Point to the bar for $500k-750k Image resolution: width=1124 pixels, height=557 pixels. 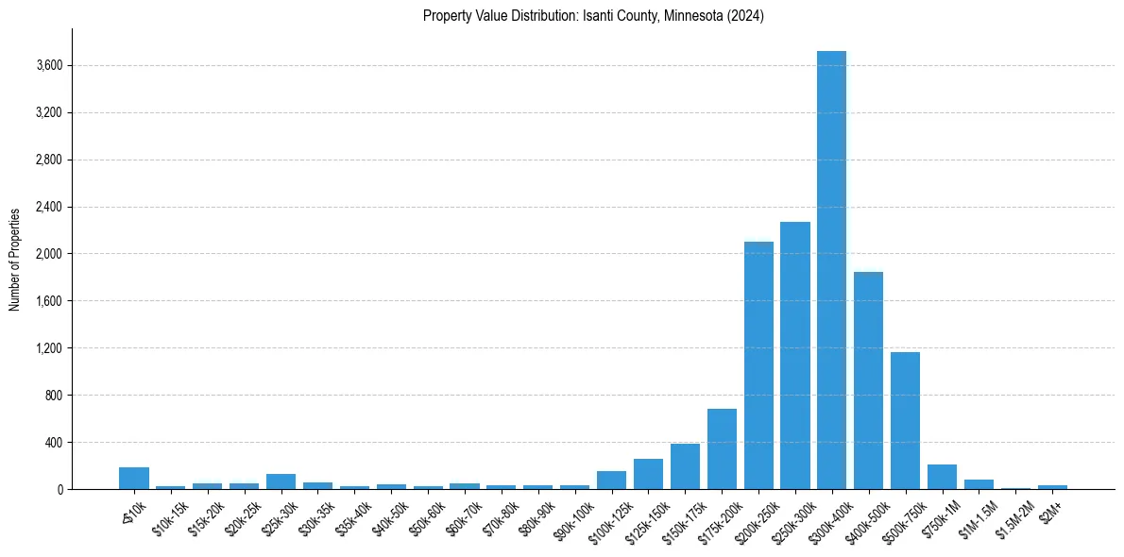coord(905,420)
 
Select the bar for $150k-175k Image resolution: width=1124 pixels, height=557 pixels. coord(685,466)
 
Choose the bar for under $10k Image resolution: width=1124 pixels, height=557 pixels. coord(134,478)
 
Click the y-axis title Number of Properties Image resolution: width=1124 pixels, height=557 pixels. coord(15,260)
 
